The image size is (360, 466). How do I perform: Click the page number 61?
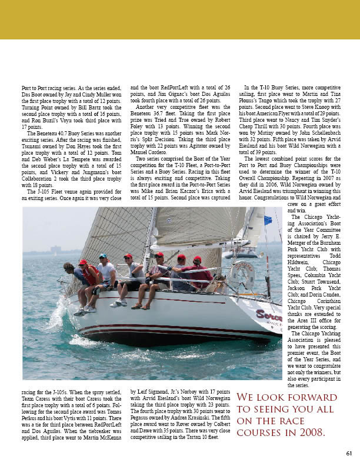click(x=349, y=452)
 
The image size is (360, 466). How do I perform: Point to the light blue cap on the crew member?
click(x=103, y=257)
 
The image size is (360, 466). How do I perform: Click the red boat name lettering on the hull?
click(x=268, y=315)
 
